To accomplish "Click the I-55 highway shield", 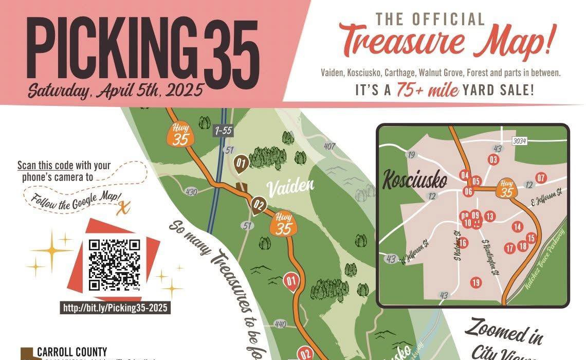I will [223, 131].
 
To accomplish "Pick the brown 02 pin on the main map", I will [258, 206].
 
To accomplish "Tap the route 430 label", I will [191, 192].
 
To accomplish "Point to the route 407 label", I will [329, 146].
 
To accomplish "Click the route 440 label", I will [280, 324].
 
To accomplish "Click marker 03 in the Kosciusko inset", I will [493, 160].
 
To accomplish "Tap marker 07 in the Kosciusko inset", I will [540, 178].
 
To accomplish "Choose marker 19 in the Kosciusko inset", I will [475, 282].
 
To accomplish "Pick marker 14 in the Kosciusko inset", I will [517, 227].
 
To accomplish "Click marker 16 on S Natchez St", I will [463, 243].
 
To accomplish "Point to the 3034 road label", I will [519, 140].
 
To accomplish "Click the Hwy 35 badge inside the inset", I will [507, 189].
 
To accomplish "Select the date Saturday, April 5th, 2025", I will [116, 91].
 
